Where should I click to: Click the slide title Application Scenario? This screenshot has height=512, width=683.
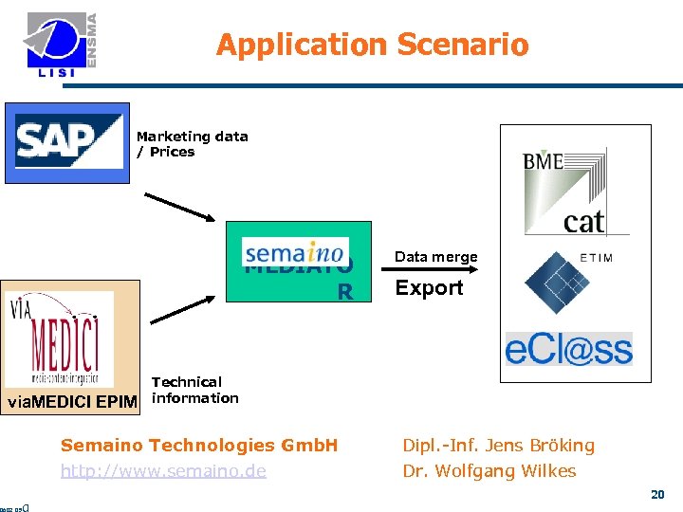[x=372, y=45]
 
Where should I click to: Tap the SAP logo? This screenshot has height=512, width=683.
[x=68, y=142]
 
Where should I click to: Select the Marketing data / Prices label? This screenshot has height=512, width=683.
[x=192, y=144]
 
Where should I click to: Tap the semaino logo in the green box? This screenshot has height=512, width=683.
[x=294, y=254]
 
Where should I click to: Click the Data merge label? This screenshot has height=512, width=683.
[x=435, y=257]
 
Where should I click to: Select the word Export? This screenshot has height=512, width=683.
[x=429, y=288]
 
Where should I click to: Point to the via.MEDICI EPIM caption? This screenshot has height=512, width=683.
[x=72, y=402]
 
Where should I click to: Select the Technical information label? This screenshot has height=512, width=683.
[x=194, y=390]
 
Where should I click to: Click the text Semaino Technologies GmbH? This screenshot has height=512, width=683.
[x=199, y=445]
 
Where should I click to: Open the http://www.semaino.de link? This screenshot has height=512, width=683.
[x=163, y=471]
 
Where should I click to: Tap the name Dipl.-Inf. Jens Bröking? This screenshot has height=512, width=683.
[x=498, y=445]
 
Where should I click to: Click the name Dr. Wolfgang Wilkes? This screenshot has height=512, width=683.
[x=489, y=471]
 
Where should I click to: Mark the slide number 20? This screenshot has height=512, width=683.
[x=657, y=494]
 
